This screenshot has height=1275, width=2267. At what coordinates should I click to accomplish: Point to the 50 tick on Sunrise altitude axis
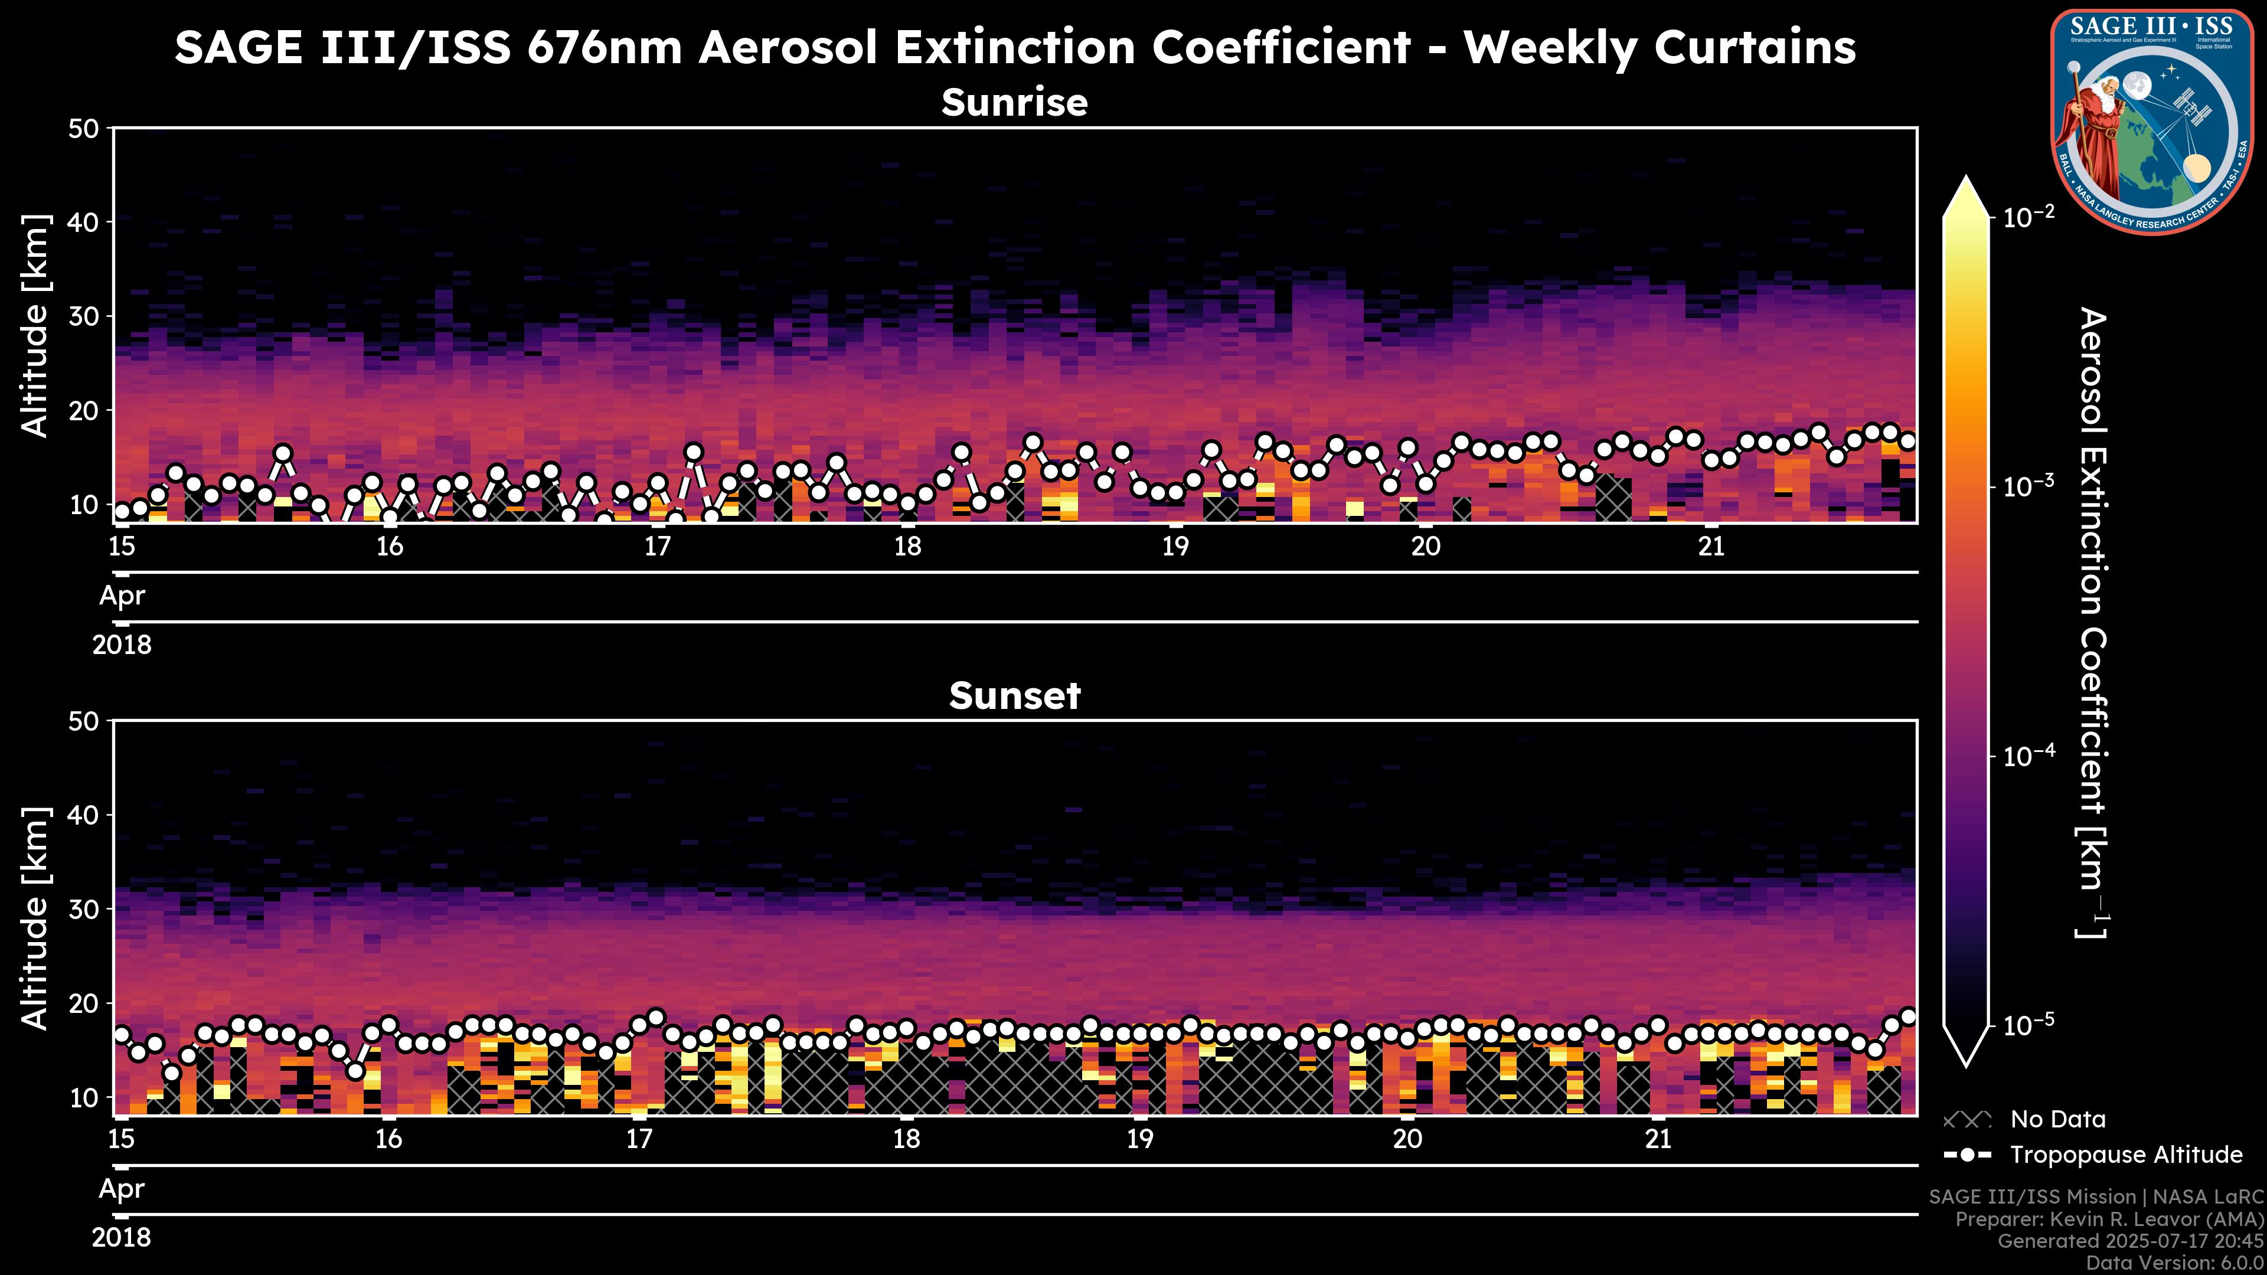(86, 129)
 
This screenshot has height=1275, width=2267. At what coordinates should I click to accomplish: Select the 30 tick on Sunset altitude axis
(86, 909)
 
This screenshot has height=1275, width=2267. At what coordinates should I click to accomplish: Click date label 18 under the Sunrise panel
(907, 547)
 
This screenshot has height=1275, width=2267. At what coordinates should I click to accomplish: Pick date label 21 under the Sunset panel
(1658, 1139)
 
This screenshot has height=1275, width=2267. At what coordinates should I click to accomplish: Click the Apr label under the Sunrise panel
(122, 596)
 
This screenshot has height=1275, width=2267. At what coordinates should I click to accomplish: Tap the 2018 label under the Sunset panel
(122, 1238)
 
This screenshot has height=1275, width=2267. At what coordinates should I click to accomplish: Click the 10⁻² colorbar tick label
(2030, 217)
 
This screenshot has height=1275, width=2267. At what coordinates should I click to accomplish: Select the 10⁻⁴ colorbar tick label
(2030, 756)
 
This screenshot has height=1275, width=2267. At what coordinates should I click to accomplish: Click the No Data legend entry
(2057, 1119)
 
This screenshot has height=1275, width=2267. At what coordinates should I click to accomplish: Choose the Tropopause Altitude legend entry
(2125, 1155)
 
